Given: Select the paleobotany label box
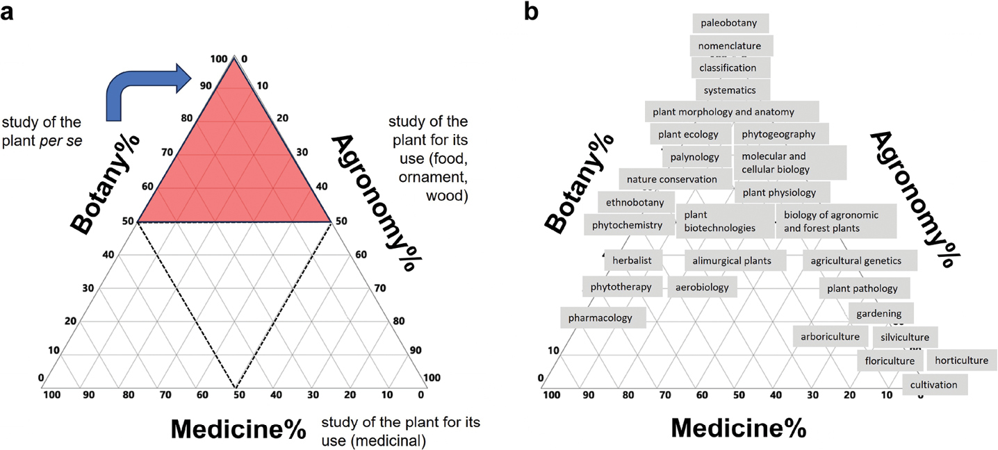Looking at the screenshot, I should point(730,23).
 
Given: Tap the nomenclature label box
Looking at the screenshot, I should point(731,46).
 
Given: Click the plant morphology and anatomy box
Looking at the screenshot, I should point(731,112).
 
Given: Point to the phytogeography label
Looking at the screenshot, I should point(779,134).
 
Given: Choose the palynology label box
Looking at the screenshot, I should point(694,157).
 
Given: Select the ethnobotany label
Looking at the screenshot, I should point(635,203).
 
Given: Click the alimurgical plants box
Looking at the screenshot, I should point(736,260).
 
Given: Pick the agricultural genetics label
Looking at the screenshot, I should point(859,260).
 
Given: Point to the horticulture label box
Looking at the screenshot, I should point(961,360).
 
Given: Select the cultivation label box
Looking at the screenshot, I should point(934,385).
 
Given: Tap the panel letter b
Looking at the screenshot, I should point(531,12).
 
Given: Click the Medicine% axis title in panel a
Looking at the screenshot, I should point(238,428).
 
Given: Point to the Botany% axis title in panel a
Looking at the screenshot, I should point(106,182).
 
